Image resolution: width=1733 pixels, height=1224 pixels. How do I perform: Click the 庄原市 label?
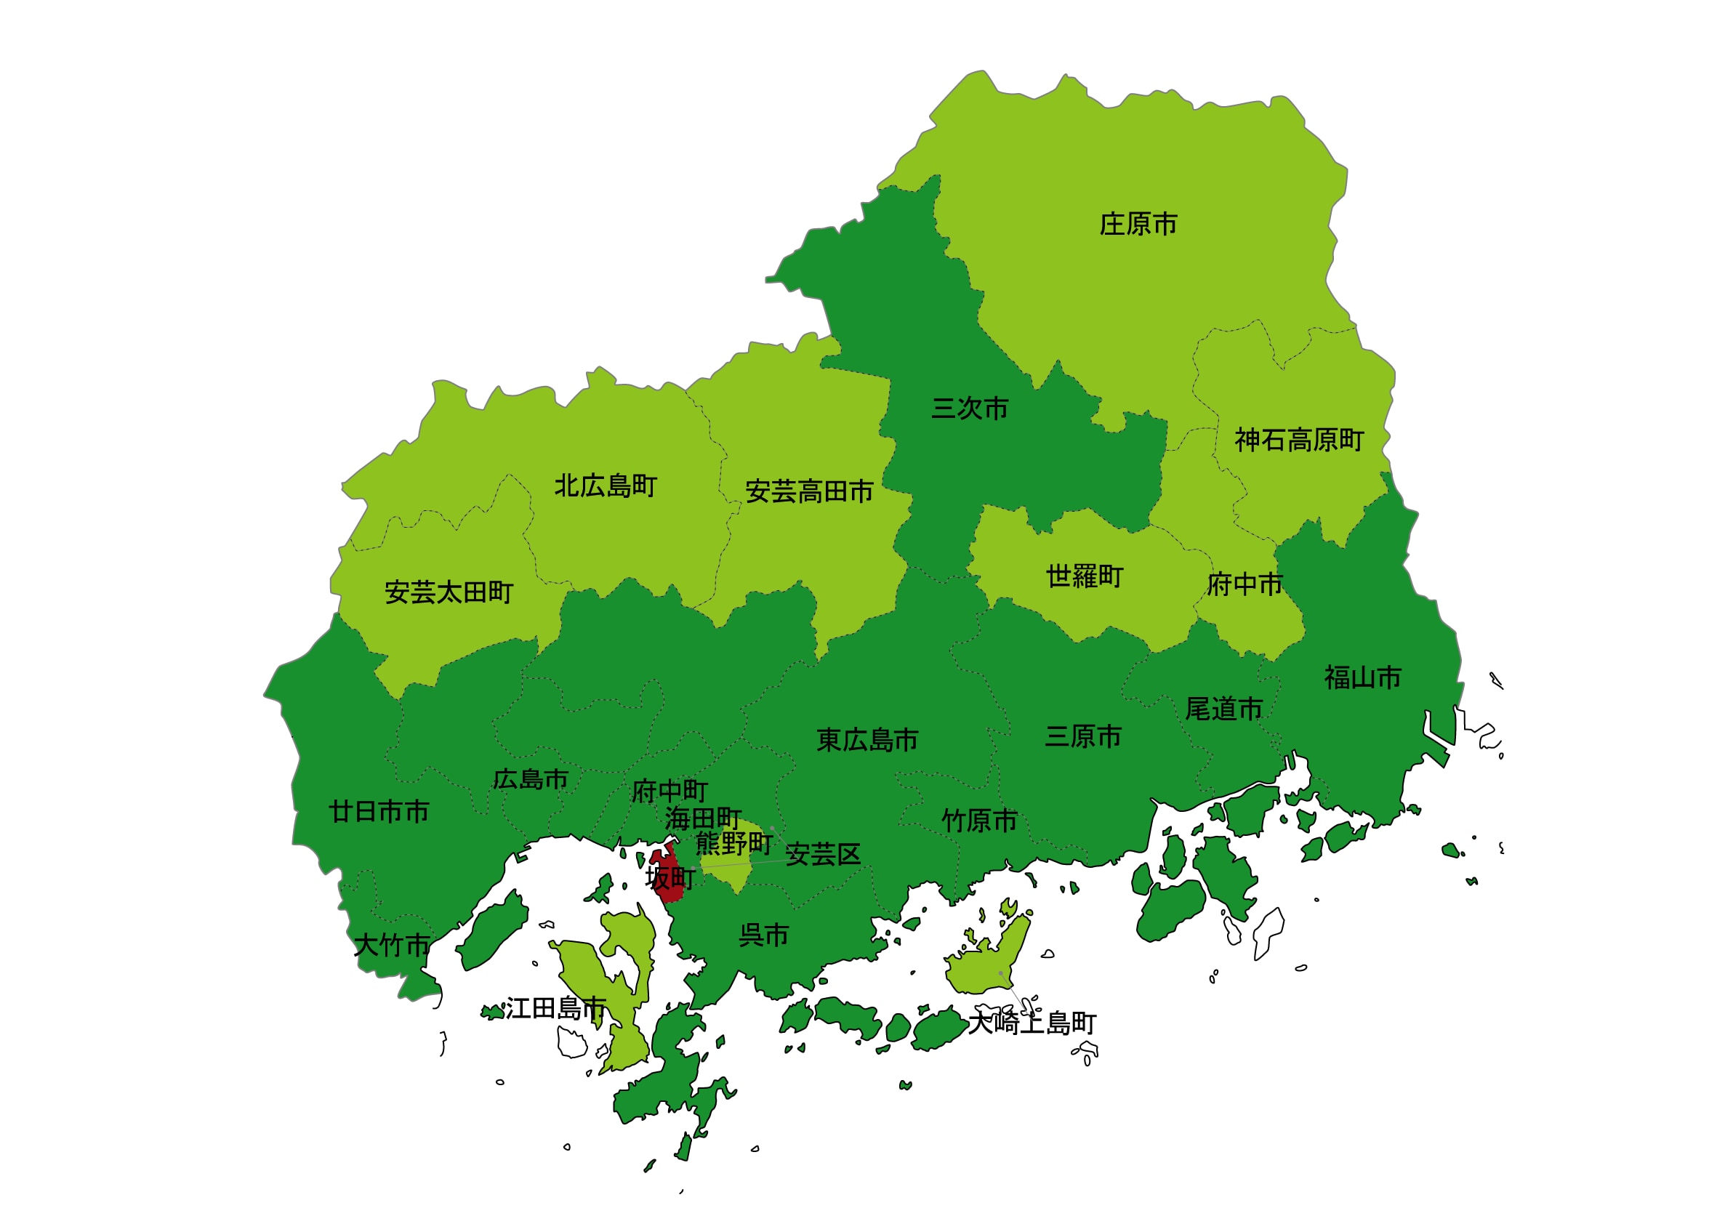1138,224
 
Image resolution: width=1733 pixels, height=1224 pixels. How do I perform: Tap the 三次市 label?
969,408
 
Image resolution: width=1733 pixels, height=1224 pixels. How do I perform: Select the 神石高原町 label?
1298,440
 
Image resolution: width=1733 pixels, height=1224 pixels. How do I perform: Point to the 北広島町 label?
606,486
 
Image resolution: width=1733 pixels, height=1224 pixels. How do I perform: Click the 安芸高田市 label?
808,492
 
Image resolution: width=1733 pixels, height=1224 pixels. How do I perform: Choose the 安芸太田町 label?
449,592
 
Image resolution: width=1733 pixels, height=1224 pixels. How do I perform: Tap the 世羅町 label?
1084,576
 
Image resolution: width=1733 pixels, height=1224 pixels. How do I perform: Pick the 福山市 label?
1362,677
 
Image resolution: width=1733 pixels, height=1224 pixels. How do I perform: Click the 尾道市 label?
1223,709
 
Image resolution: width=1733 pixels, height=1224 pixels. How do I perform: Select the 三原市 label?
1082,736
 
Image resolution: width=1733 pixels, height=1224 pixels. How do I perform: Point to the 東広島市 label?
867,740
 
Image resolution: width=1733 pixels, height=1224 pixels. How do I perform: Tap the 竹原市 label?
979,821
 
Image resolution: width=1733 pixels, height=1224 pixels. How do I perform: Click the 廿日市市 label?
379,812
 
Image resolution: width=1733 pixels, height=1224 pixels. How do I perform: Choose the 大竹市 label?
392,946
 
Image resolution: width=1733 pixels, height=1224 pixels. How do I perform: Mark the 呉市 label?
763,935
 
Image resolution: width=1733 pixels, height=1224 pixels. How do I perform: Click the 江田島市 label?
555,1008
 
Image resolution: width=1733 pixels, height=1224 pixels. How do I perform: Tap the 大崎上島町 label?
1032,1023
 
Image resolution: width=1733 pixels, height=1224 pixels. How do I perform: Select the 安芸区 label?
823,855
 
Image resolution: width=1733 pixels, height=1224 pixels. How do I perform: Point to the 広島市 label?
530,779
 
